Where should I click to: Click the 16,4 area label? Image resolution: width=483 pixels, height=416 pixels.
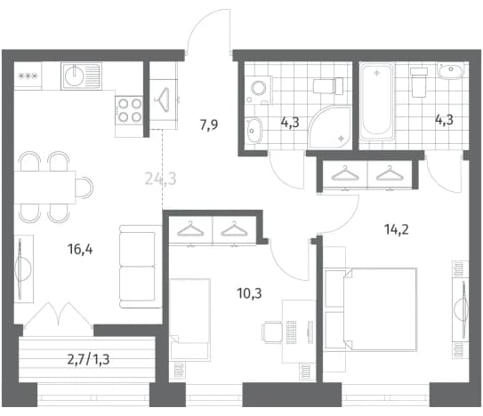tap(80, 249)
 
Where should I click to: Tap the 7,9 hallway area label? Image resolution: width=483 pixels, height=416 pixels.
tap(209, 124)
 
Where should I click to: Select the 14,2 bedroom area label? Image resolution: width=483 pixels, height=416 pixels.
tap(397, 229)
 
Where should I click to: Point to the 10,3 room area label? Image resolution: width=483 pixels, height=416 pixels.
tap(250, 293)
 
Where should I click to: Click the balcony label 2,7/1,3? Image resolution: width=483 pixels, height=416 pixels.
tap(88, 359)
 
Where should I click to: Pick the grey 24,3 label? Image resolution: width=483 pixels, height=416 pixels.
tap(160, 179)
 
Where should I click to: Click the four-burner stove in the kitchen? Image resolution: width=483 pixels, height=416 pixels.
tap(129, 110)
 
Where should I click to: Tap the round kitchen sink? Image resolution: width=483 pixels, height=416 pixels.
tap(74, 76)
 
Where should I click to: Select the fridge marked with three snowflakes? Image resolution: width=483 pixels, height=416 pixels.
tap(28, 76)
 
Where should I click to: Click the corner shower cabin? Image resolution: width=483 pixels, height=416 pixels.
tap(330, 127)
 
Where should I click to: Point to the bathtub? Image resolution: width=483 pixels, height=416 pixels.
tap(377, 101)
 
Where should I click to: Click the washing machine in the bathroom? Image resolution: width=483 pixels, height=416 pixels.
tap(259, 89)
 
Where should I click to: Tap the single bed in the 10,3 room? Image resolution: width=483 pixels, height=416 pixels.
tap(190, 319)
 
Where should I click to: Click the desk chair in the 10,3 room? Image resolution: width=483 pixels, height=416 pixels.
tap(272, 332)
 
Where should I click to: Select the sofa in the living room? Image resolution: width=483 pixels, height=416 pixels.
tap(141, 267)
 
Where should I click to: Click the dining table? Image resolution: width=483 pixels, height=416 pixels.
tap(45, 187)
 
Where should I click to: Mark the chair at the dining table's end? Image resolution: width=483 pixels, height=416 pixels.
tap(85, 187)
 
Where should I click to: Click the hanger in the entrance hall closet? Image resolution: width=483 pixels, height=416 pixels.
tap(163, 100)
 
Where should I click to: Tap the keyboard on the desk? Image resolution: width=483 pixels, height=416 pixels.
tap(291, 332)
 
